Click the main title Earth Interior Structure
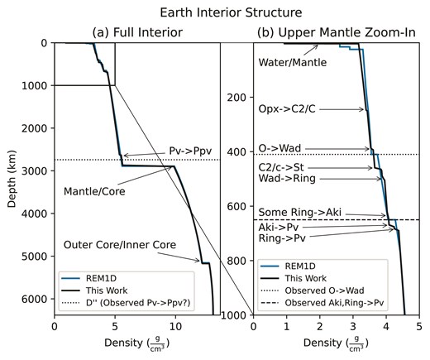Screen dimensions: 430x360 pos(231,12)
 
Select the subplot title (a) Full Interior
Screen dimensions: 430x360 pos(137,32)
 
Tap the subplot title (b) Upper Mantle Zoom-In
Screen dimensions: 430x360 pos(337,32)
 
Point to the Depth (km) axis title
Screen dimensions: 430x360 pos(12,179)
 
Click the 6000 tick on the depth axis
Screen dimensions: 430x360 pos(38,299)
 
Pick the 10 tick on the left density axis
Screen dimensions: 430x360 pos(175,327)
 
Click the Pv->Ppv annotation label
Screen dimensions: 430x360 pos(190,151)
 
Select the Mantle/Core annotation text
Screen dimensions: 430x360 pos(94,191)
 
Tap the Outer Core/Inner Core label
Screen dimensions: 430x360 pos(120,245)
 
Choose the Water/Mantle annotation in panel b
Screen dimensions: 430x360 pos(293,63)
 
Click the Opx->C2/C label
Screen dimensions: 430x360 pos(287,109)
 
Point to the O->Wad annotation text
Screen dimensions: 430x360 pos(279,149)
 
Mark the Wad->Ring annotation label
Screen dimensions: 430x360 pos(287,179)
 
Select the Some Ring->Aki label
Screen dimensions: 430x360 pos(300,213)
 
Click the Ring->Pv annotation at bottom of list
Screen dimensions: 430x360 pos(282,238)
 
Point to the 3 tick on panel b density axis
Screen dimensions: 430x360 pos(353,327)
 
